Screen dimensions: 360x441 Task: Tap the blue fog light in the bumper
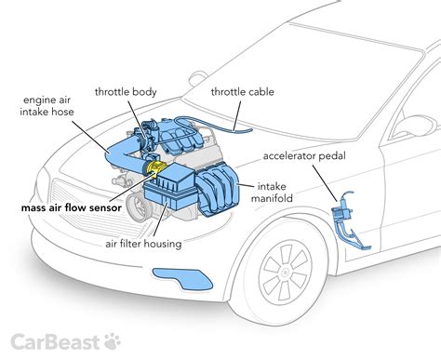click(182, 273)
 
